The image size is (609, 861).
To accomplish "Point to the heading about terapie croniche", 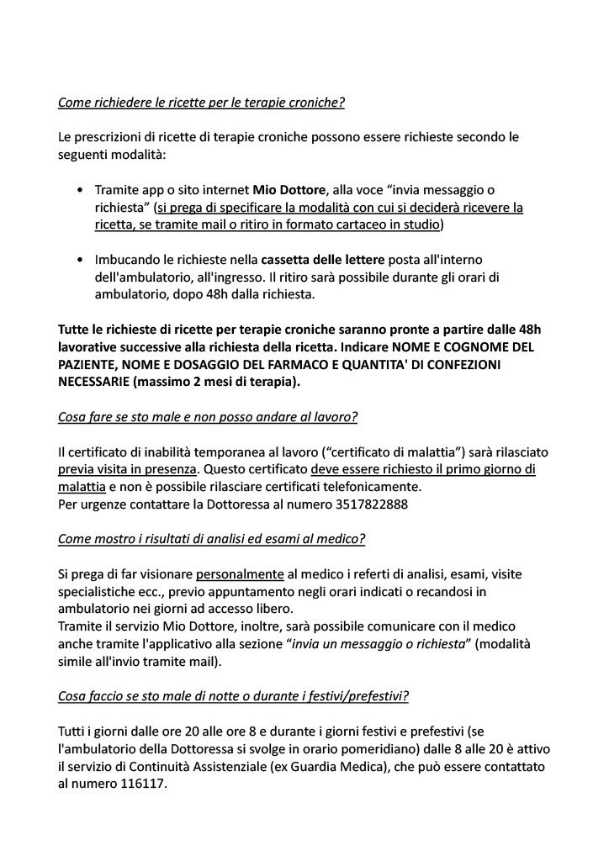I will click(x=201, y=103).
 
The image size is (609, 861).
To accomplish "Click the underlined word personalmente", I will click(x=240, y=574).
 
